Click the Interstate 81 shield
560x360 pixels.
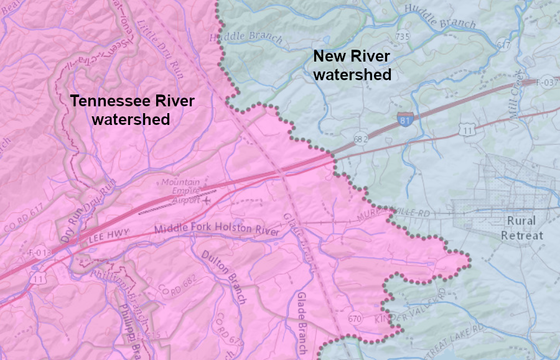point(405,120)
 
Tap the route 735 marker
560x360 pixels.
point(402,37)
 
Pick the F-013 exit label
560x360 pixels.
point(39,253)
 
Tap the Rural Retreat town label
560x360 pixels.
point(521,228)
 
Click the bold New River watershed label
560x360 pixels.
point(352,65)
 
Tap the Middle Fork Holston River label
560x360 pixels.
point(217,229)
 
